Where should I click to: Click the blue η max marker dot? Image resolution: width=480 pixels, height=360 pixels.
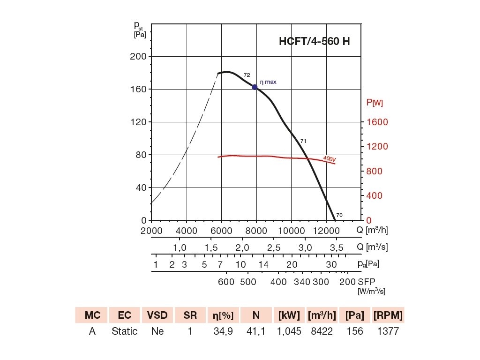(x=255, y=87)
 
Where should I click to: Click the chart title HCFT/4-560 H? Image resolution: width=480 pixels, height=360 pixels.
(x=314, y=41)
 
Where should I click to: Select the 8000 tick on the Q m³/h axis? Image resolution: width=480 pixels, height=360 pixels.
(x=256, y=230)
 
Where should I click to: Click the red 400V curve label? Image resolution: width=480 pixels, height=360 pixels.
(x=330, y=159)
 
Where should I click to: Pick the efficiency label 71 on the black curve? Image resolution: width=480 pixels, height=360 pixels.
(x=303, y=141)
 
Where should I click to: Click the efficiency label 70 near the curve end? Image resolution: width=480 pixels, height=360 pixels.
(x=339, y=215)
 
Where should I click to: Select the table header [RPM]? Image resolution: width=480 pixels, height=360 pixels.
(x=388, y=315)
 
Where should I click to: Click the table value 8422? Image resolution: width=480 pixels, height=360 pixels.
(x=322, y=331)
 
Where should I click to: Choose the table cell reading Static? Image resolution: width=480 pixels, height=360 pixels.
(x=125, y=331)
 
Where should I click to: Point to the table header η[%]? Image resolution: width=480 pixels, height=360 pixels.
(x=223, y=315)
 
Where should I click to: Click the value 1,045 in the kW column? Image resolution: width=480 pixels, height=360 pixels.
(x=289, y=331)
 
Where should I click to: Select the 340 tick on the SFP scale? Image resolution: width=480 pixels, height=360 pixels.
(x=302, y=282)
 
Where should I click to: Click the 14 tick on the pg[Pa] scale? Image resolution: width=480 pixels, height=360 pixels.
(x=263, y=264)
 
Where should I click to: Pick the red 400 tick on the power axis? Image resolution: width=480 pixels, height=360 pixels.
(x=374, y=195)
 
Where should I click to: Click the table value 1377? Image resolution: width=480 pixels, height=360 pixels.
(x=388, y=331)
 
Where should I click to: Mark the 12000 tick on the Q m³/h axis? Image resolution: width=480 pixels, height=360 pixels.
(x=326, y=230)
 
